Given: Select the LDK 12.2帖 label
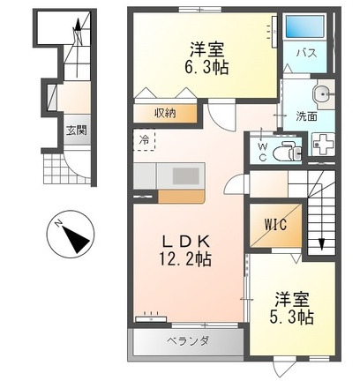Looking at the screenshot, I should pos(186,249).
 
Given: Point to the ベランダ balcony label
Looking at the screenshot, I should pos(188,342).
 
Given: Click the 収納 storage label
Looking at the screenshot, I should pos(165,113).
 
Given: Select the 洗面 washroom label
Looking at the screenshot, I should pos(305,116).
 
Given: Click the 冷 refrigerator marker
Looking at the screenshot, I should pos(144,139).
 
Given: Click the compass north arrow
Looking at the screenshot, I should pos(71,239).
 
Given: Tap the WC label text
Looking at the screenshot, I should pos(261,152).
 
